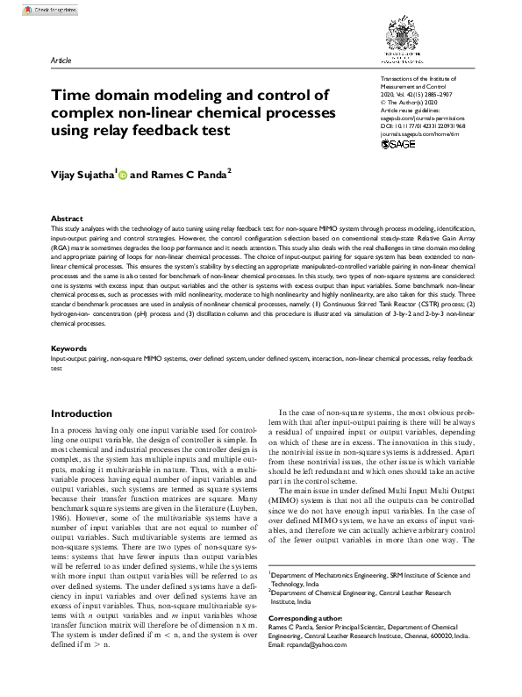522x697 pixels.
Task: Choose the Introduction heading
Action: [87, 413]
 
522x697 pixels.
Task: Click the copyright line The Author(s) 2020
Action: [412, 102]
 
